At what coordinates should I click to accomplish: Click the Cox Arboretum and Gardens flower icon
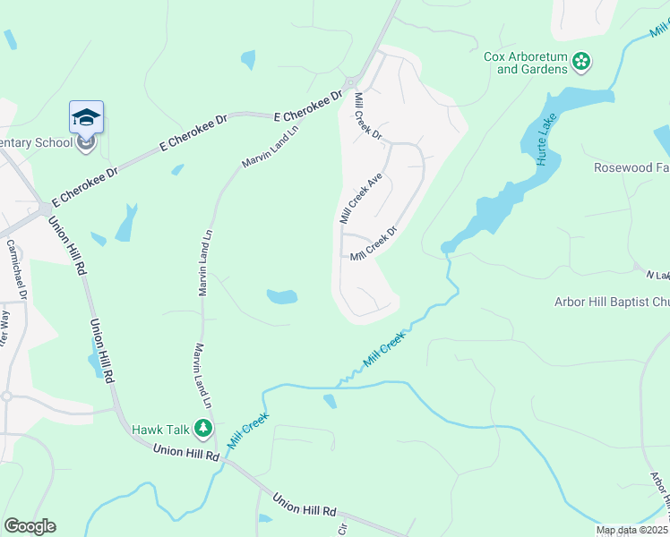click(x=582, y=62)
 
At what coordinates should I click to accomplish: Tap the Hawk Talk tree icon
click(x=204, y=429)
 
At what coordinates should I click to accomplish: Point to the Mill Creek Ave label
click(x=360, y=199)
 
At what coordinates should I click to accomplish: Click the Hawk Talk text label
click(x=161, y=430)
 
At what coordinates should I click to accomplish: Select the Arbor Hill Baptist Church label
click(x=612, y=303)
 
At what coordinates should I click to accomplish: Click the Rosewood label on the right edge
click(x=631, y=167)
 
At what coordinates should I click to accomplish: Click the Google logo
click(x=30, y=526)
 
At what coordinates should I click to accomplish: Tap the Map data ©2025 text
click(x=632, y=530)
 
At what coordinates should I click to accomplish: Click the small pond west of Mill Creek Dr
click(x=281, y=296)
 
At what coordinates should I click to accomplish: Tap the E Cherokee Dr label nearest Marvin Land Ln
click(x=309, y=105)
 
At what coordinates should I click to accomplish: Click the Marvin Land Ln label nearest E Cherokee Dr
click(x=268, y=144)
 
